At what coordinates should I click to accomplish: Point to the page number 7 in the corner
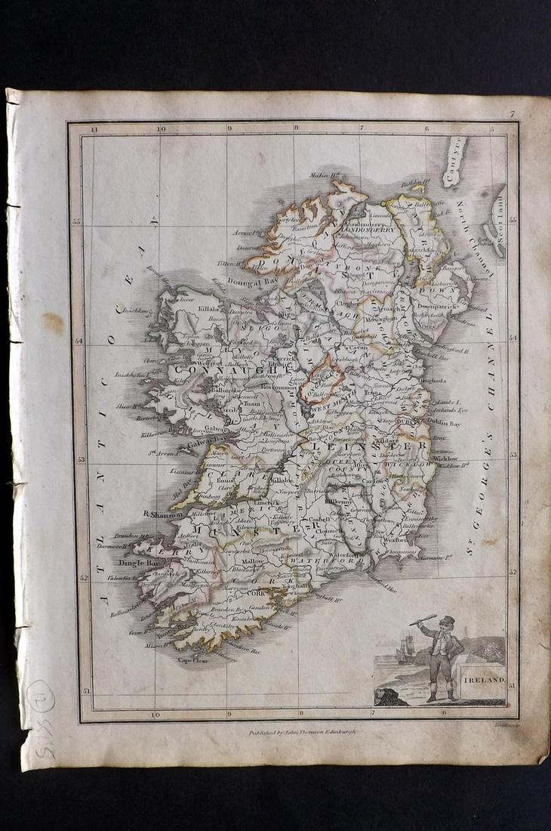[511, 114]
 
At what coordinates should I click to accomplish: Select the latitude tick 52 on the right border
[513, 572]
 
